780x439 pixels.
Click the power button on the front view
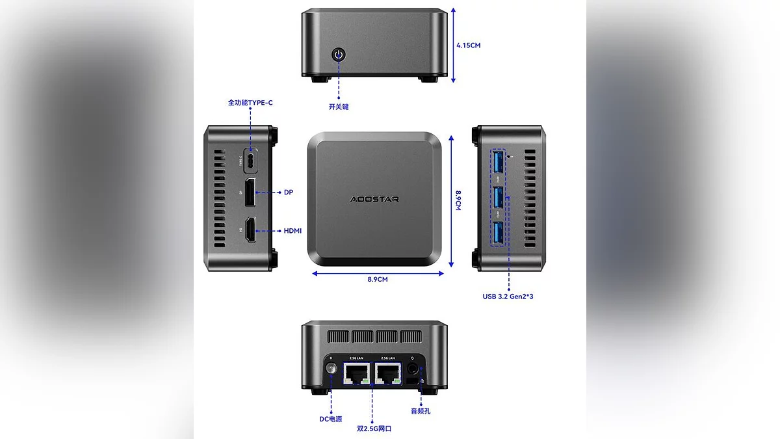(338, 54)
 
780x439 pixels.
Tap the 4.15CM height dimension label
(468, 46)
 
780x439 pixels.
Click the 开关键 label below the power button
(338, 107)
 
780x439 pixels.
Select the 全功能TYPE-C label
(250, 103)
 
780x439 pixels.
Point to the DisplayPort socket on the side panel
(250, 193)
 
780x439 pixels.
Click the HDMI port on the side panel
(250, 231)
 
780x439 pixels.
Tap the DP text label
(289, 193)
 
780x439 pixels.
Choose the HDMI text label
(292, 231)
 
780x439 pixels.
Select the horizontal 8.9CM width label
(377, 280)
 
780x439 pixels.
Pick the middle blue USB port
(498, 199)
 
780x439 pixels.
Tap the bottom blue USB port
(498, 234)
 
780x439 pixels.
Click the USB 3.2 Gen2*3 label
(508, 297)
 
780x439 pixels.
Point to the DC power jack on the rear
(330, 373)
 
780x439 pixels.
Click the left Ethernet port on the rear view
(356, 373)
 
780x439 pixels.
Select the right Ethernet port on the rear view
(388, 373)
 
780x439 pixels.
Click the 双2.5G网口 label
(374, 429)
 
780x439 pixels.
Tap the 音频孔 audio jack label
(421, 411)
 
